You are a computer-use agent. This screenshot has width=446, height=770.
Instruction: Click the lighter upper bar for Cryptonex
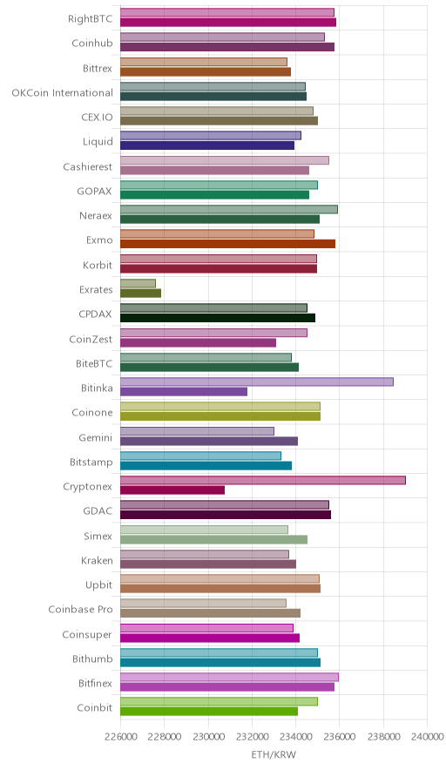click(x=263, y=480)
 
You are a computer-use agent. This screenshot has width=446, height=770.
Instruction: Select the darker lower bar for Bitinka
click(x=184, y=392)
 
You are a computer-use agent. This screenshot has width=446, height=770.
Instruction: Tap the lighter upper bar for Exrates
click(x=138, y=283)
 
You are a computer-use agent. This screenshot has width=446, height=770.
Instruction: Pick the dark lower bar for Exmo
click(x=228, y=244)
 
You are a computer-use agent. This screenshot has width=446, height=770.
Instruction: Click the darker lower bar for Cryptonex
click(x=172, y=490)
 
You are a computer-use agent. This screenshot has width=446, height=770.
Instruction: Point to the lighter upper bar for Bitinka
click(x=257, y=382)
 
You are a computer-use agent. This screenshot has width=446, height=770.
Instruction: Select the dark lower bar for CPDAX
click(x=218, y=318)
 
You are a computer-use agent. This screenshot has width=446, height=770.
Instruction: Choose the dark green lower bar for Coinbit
click(x=209, y=712)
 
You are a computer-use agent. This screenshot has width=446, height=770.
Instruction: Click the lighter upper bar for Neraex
click(x=229, y=210)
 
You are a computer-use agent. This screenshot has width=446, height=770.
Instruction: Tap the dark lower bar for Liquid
click(x=207, y=145)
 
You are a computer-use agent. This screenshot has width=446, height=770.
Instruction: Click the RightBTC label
click(x=90, y=18)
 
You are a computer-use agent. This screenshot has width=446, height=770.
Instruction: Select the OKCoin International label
click(x=62, y=93)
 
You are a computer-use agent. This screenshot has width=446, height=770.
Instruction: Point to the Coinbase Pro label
click(x=80, y=610)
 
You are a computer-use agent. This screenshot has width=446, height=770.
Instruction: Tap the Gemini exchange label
click(x=95, y=437)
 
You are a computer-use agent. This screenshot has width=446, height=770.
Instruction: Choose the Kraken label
click(x=97, y=560)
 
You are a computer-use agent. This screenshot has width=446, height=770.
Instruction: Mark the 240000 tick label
click(x=427, y=737)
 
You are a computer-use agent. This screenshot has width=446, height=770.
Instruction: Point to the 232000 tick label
click(x=252, y=737)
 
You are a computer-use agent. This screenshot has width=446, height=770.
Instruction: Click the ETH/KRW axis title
click(x=274, y=755)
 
